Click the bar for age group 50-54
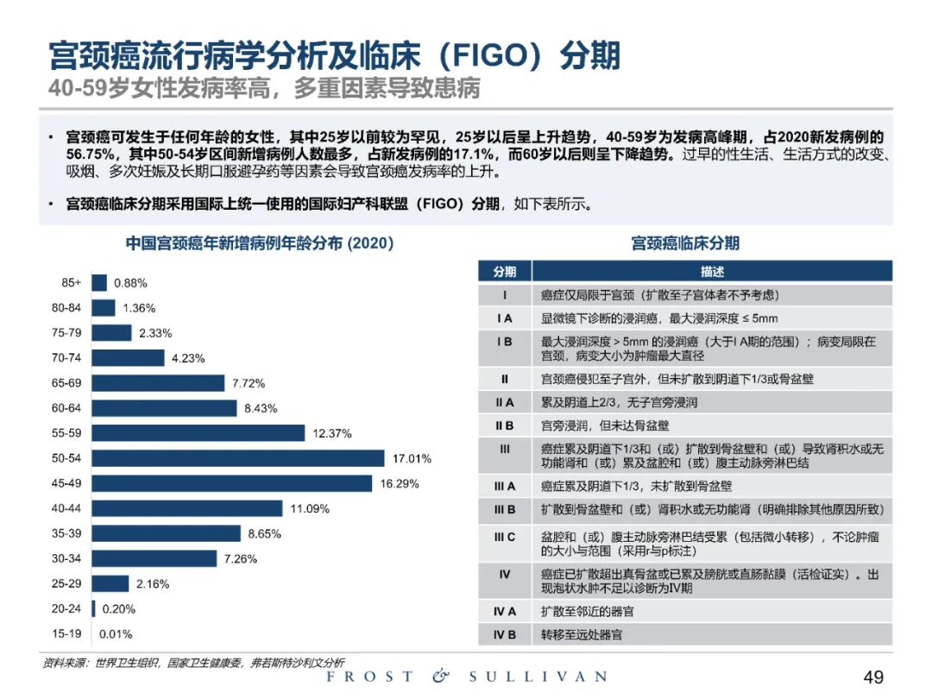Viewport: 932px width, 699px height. tap(237, 458)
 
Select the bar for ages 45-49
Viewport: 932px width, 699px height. tap(231, 483)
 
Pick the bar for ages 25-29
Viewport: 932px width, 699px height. tap(110, 584)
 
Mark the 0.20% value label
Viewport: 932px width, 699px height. tap(119, 609)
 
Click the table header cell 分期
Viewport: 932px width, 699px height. tap(505, 271)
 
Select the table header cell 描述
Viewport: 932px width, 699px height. tap(712, 271)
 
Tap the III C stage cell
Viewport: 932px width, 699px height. tap(505, 537)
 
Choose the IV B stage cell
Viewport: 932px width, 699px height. tap(505, 634)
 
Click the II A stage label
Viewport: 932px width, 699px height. tap(505, 402)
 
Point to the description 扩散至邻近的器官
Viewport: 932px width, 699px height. tap(587, 611)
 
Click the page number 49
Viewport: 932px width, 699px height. tap(873, 677)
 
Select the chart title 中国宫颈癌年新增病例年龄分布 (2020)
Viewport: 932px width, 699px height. tap(260, 243)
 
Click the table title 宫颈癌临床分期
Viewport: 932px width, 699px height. tap(685, 243)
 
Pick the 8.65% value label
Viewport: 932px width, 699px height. tap(264, 534)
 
